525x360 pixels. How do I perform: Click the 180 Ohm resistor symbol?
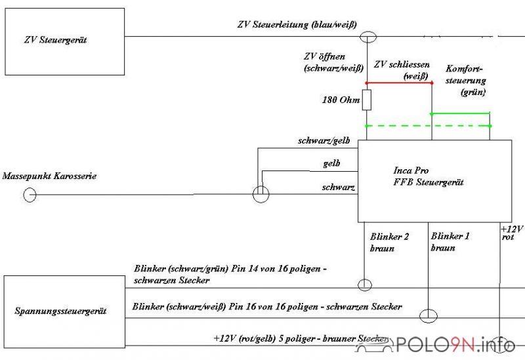(367, 100)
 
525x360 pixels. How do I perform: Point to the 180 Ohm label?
(341, 100)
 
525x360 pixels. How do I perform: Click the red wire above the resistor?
(399, 83)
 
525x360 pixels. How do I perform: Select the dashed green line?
(429, 126)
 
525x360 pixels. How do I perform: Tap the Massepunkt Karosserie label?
(49, 176)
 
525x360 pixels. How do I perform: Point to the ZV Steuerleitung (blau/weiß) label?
(297, 24)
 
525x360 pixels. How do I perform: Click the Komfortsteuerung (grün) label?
(466, 80)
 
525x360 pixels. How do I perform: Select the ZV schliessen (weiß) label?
(402, 70)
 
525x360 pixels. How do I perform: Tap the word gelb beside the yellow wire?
(332, 163)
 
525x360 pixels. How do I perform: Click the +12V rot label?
(512, 233)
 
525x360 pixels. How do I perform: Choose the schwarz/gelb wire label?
(324, 140)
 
